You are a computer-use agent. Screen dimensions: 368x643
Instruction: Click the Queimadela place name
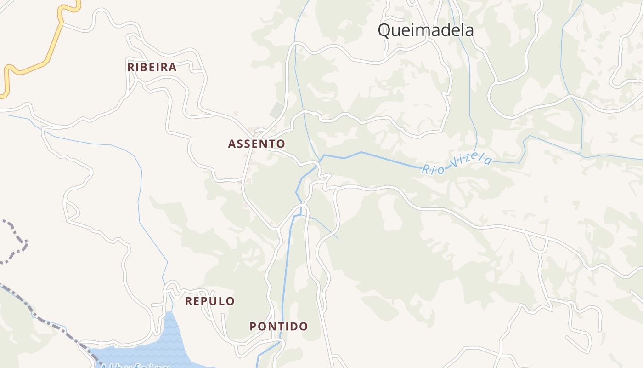point(425,30)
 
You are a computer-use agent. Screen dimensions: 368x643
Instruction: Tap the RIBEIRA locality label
point(152,67)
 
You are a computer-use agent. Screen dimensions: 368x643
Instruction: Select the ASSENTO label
point(256,144)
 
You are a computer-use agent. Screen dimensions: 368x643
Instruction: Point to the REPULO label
point(210,301)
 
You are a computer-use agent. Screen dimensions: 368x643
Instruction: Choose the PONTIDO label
point(279,327)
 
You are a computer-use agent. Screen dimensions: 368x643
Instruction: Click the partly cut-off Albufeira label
point(133,365)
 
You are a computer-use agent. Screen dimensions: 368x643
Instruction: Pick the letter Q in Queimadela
point(384,31)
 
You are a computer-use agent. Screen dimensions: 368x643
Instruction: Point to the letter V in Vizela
point(456,165)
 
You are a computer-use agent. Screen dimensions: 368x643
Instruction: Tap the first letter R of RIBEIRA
point(131,67)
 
